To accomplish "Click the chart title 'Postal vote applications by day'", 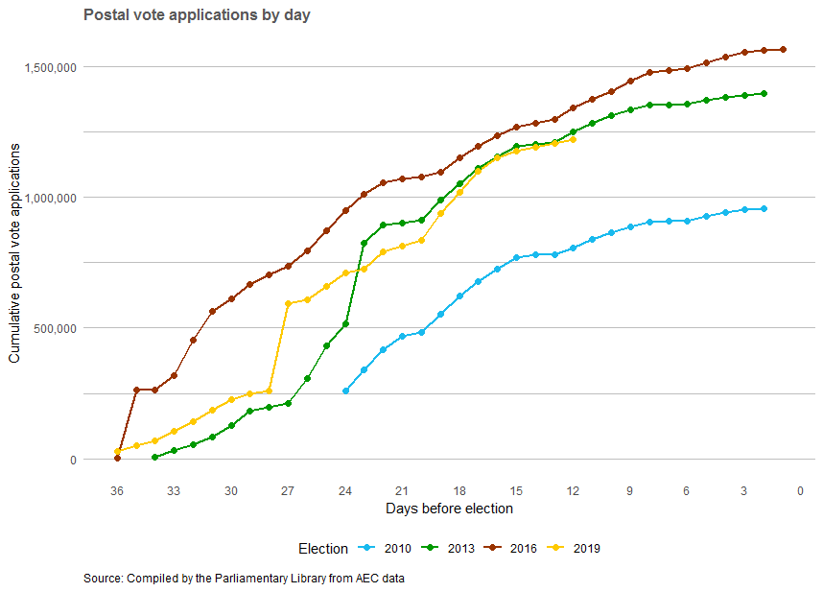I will click(x=197, y=15).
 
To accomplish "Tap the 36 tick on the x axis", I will click(x=117, y=491).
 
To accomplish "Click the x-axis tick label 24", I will click(x=345, y=491).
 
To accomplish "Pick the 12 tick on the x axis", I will click(x=573, y=491).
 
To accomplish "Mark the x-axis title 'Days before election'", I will click(x=449, y=509).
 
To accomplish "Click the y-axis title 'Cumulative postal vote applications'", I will click(x=14, y=262).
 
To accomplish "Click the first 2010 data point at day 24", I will click(x=345, y=391).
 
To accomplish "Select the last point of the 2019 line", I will click(x=573, y=139).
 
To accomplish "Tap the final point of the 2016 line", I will click(x=783, y=49).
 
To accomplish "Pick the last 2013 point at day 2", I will click(x=764, y=93).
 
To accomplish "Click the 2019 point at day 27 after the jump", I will click(x=288, y=303).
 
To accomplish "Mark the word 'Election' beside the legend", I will click(x=323, y=549).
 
